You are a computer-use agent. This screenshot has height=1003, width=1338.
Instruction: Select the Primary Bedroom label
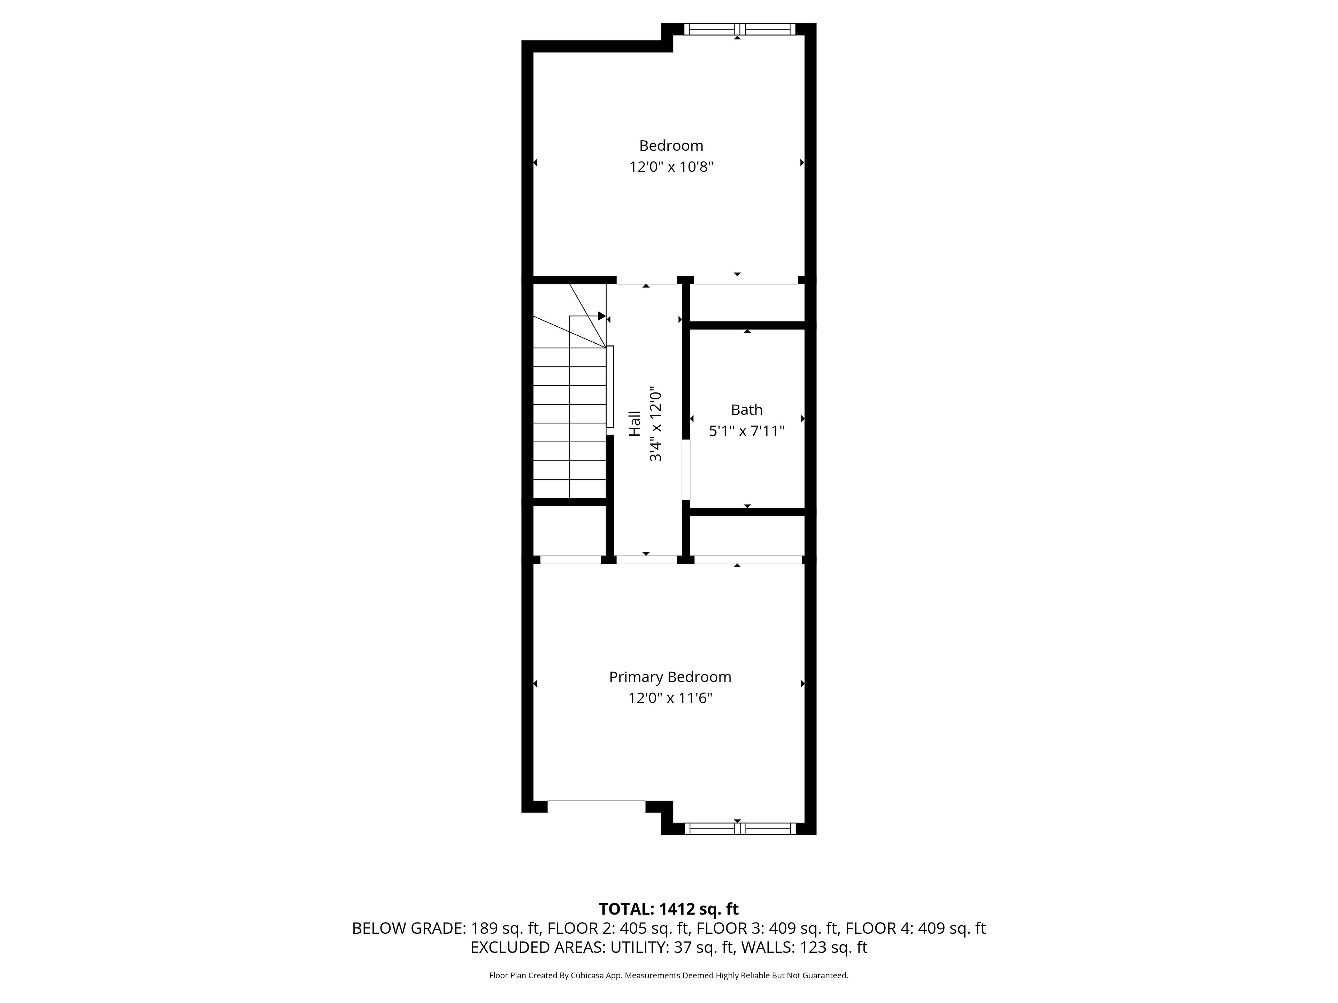[x=670, y=677]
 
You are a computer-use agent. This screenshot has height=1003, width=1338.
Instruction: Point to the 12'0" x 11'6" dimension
[x=670, y=698]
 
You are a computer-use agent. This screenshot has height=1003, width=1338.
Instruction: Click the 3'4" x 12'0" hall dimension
[x=656, y=425]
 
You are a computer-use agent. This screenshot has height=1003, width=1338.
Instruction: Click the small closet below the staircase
[x=569, y=530]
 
